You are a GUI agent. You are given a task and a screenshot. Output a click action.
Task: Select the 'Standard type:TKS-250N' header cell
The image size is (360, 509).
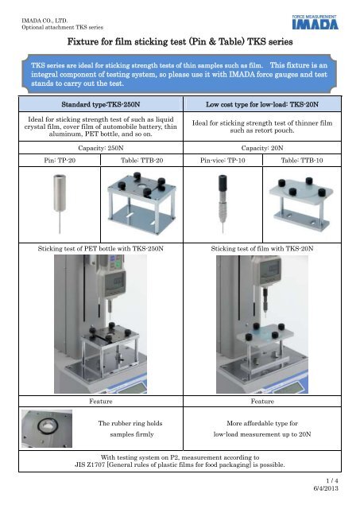[94, 104]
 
